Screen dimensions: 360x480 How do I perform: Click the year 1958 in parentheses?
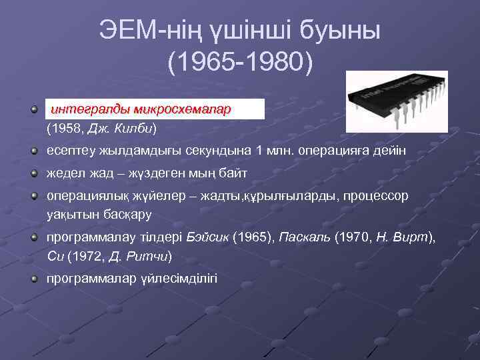63,127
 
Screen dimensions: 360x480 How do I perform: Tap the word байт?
233,173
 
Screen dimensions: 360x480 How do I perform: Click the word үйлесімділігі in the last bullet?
176,277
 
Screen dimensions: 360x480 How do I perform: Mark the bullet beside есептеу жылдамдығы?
34,151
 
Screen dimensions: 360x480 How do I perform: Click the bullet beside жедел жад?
34,173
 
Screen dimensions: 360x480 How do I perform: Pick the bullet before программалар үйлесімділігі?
34,277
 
